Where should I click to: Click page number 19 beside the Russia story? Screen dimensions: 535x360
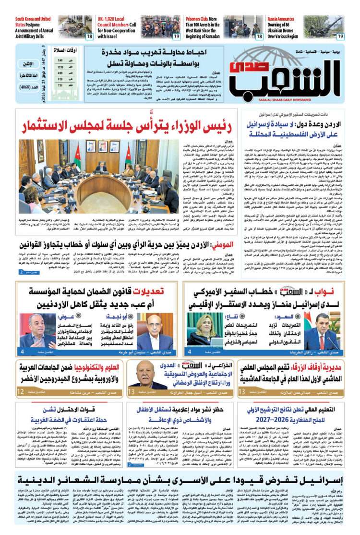coord(340,36)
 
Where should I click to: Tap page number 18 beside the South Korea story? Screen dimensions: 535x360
coord(89,36)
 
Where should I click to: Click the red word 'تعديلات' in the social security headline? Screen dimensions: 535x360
coord(148,291)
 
